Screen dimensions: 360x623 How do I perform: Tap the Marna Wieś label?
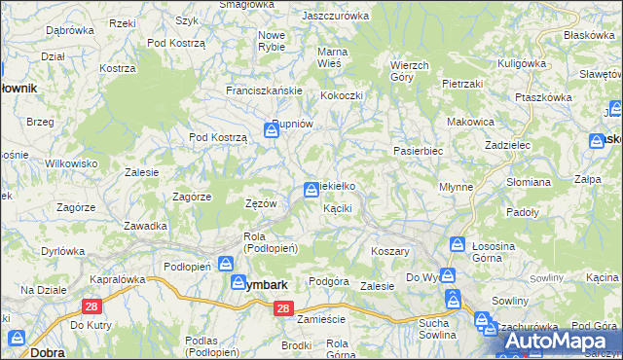tap(333, 57)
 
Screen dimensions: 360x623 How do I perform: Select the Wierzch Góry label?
tap(409, 71)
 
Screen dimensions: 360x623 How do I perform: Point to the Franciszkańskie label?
tap(266, 90)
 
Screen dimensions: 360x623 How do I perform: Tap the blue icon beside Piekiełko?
tap(311, 189)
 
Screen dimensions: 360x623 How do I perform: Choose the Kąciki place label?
tap(337, 208)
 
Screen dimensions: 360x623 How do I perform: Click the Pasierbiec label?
tap(418, 152)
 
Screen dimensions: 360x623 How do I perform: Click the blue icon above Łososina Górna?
tap(457, 244)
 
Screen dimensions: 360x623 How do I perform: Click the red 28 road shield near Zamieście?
tap(282, 308)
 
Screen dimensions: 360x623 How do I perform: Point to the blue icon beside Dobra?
tap(17, 338)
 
